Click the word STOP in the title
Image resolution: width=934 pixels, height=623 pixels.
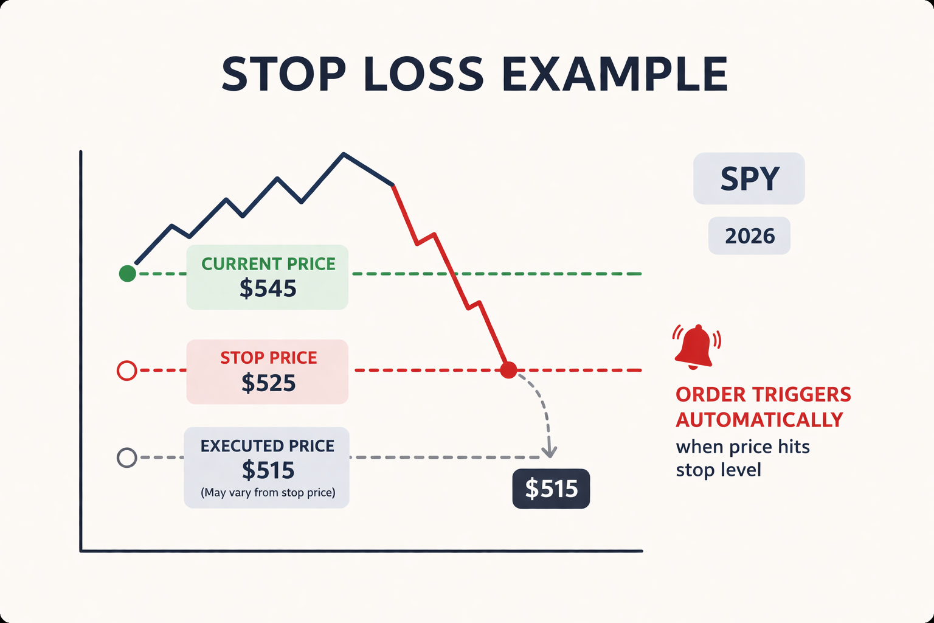(x=283, y=74)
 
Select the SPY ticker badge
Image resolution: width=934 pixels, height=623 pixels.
(x=749, y=178)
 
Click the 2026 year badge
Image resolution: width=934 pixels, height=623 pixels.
(x=749, y=236)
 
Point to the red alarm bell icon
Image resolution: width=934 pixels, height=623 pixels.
(x=696, y=347)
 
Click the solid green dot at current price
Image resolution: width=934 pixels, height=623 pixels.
(x=127, y=274)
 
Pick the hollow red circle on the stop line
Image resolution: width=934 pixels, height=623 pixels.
(x=126, y=371)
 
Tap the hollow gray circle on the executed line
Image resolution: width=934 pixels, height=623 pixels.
(x=126, y=458)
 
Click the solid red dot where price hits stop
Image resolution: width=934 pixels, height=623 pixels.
(x=508, y=370)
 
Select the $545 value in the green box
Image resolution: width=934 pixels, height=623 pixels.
(x=268, y=288)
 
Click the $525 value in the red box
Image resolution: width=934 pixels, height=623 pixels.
(x=268, y=383)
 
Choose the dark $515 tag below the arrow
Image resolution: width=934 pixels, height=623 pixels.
(x=551, y=489)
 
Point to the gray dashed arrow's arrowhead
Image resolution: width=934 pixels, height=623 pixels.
(x=549, y=453)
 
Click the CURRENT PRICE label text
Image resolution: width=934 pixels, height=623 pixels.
(x=268, y=264)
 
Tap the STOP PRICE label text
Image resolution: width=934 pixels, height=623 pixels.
(x=268, y=358)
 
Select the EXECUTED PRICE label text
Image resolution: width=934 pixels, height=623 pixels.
(x=268, y=446)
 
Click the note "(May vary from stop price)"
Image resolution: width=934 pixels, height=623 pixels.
(x=268, y=492)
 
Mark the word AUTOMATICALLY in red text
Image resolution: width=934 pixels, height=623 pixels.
(x=759, y=420)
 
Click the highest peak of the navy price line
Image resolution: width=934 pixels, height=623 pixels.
(x=344, y=154)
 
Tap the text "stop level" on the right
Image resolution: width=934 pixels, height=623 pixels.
(x=718, y=470)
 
